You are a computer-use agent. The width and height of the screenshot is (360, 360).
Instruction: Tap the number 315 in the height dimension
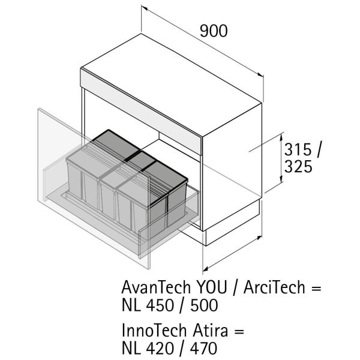pos(299,149)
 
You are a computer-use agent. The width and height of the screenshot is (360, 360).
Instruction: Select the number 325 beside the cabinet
pos(298,166)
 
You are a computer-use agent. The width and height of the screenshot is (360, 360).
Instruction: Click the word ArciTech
pos(274,287)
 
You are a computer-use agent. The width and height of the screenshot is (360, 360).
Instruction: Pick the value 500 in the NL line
pos(201,305)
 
